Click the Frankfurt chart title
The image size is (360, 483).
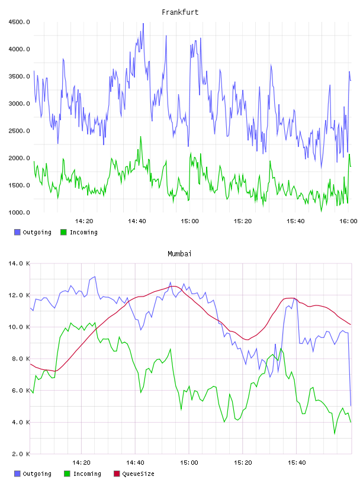tap(180, 12)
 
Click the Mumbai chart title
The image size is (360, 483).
tap(179, 253)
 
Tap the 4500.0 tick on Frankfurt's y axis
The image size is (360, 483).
tap(19, 22)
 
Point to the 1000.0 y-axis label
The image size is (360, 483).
tap(19, 212)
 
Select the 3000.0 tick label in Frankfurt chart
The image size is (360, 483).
tap(19, 104)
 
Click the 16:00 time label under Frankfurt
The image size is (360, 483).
tap(348, 221)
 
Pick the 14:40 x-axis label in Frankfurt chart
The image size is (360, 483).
tap(137, 221)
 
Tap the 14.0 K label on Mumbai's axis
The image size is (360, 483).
tap(19, 263)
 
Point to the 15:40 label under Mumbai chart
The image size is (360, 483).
tap(297, 462)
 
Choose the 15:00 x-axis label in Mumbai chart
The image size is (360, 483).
tap(189, 462)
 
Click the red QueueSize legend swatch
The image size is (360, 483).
tap(117, 474)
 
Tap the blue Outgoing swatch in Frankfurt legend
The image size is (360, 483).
tap(17, 232)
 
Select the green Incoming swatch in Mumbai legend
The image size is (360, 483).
tap(67, 474)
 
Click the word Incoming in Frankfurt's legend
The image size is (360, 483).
tap(83, 232)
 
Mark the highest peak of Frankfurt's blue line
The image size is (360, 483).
tap(143, 23)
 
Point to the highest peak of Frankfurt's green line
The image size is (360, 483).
tap(141, 136)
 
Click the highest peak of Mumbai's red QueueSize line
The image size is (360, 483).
tap(174, 286)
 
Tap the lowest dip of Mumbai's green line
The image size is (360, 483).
tap(335, 434)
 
